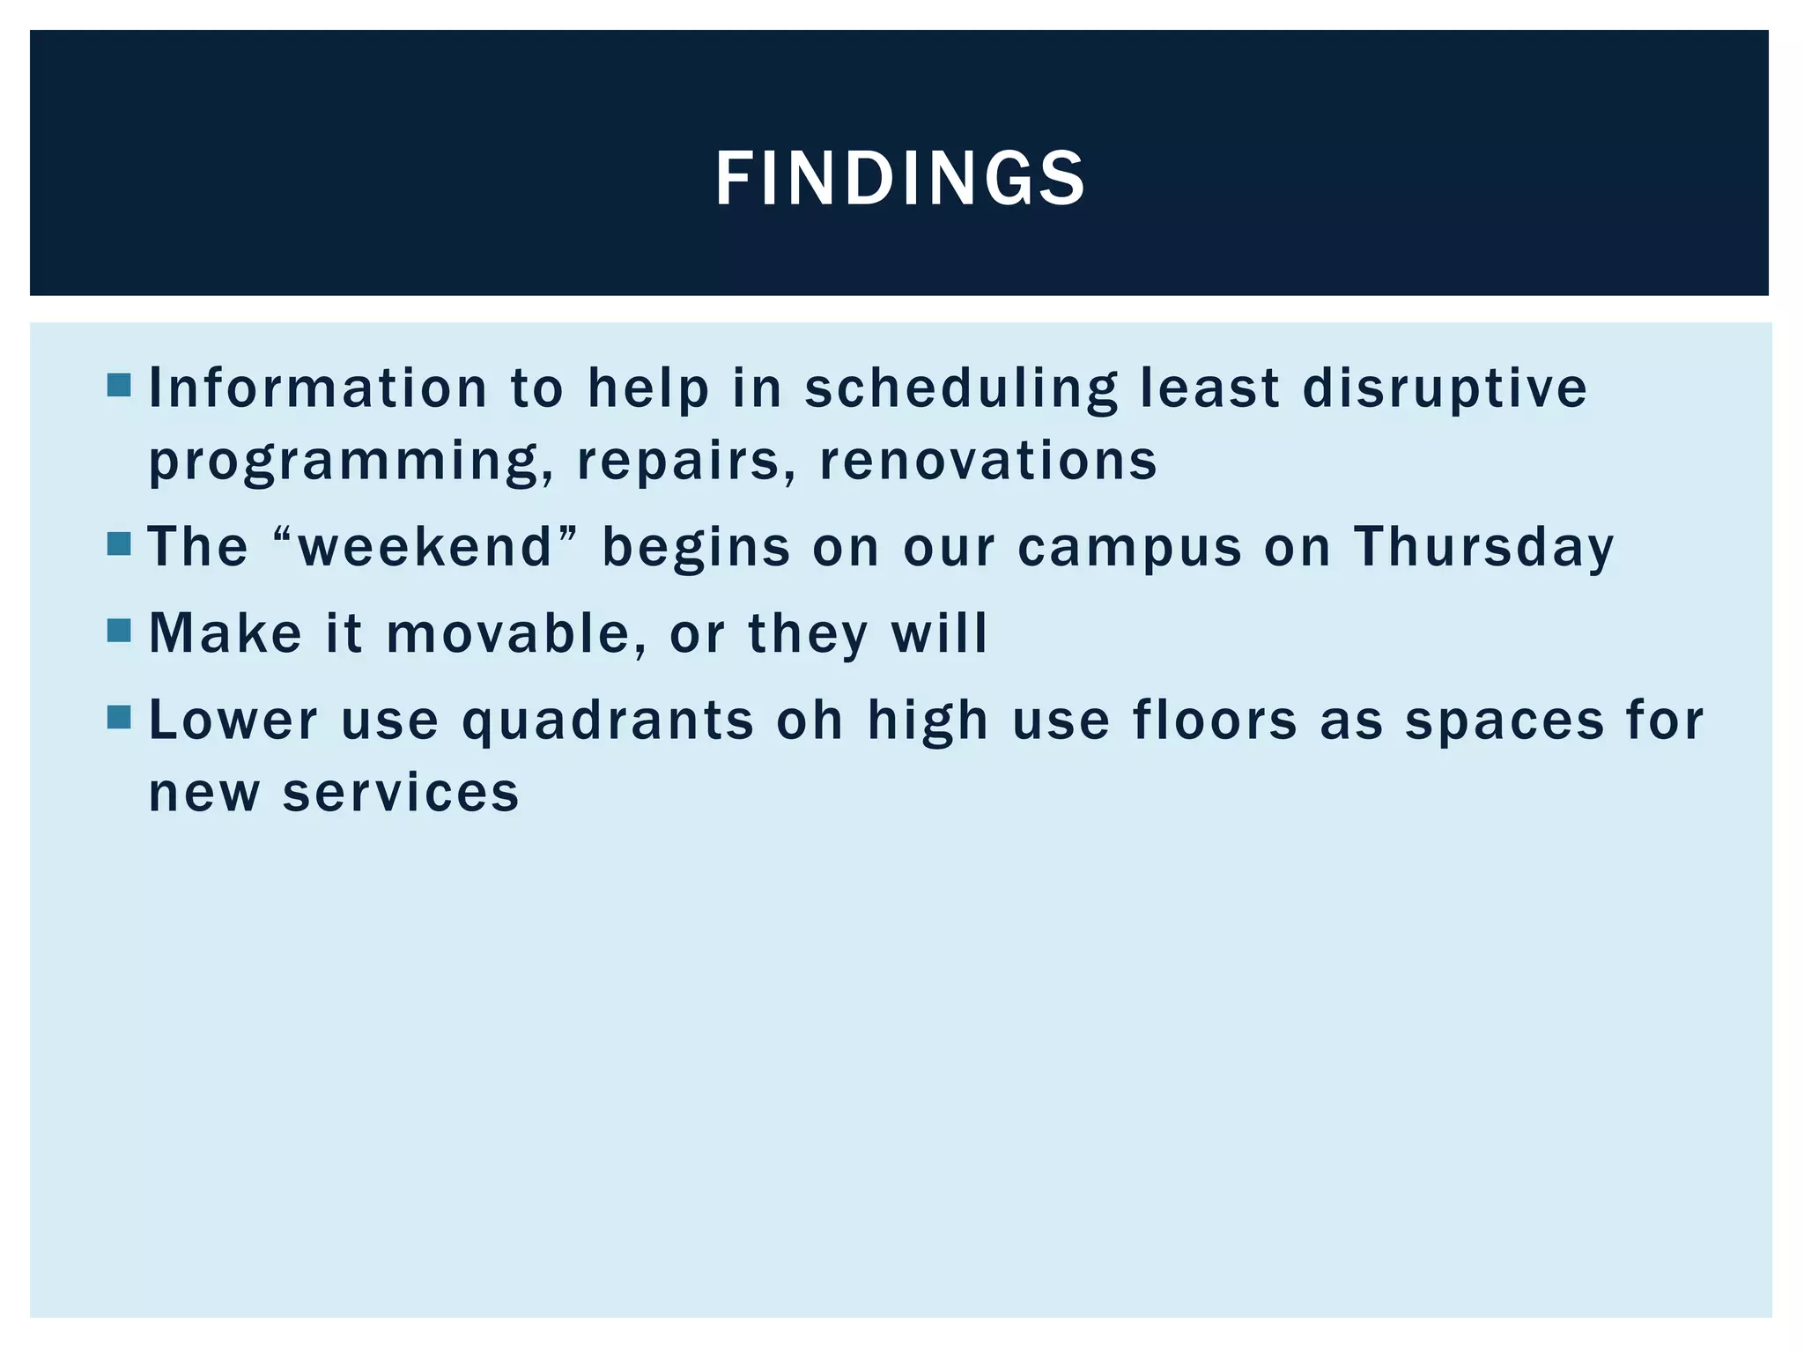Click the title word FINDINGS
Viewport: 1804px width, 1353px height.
click(x=900, y=179)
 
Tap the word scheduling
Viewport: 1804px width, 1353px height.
click(x=960, y=389)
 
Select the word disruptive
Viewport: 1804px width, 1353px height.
click(x=1445, y=389)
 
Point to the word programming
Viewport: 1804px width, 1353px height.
click(x=344, y=462)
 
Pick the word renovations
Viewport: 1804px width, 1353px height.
click(x=987, y=460)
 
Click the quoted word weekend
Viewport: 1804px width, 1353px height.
click(x=426, y=546)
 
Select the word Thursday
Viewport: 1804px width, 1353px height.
click(x=1483, y=546)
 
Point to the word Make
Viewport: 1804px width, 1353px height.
click(x=225, y=632)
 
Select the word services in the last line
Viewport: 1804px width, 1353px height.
click(x=401, y=792)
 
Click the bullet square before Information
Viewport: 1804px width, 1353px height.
click(x=119, y=385)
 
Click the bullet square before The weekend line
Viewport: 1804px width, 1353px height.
click(x=119, y=543)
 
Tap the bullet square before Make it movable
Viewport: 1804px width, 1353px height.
click(x=119, y=630)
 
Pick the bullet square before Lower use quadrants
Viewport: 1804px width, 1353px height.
click(x=119, y=717)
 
